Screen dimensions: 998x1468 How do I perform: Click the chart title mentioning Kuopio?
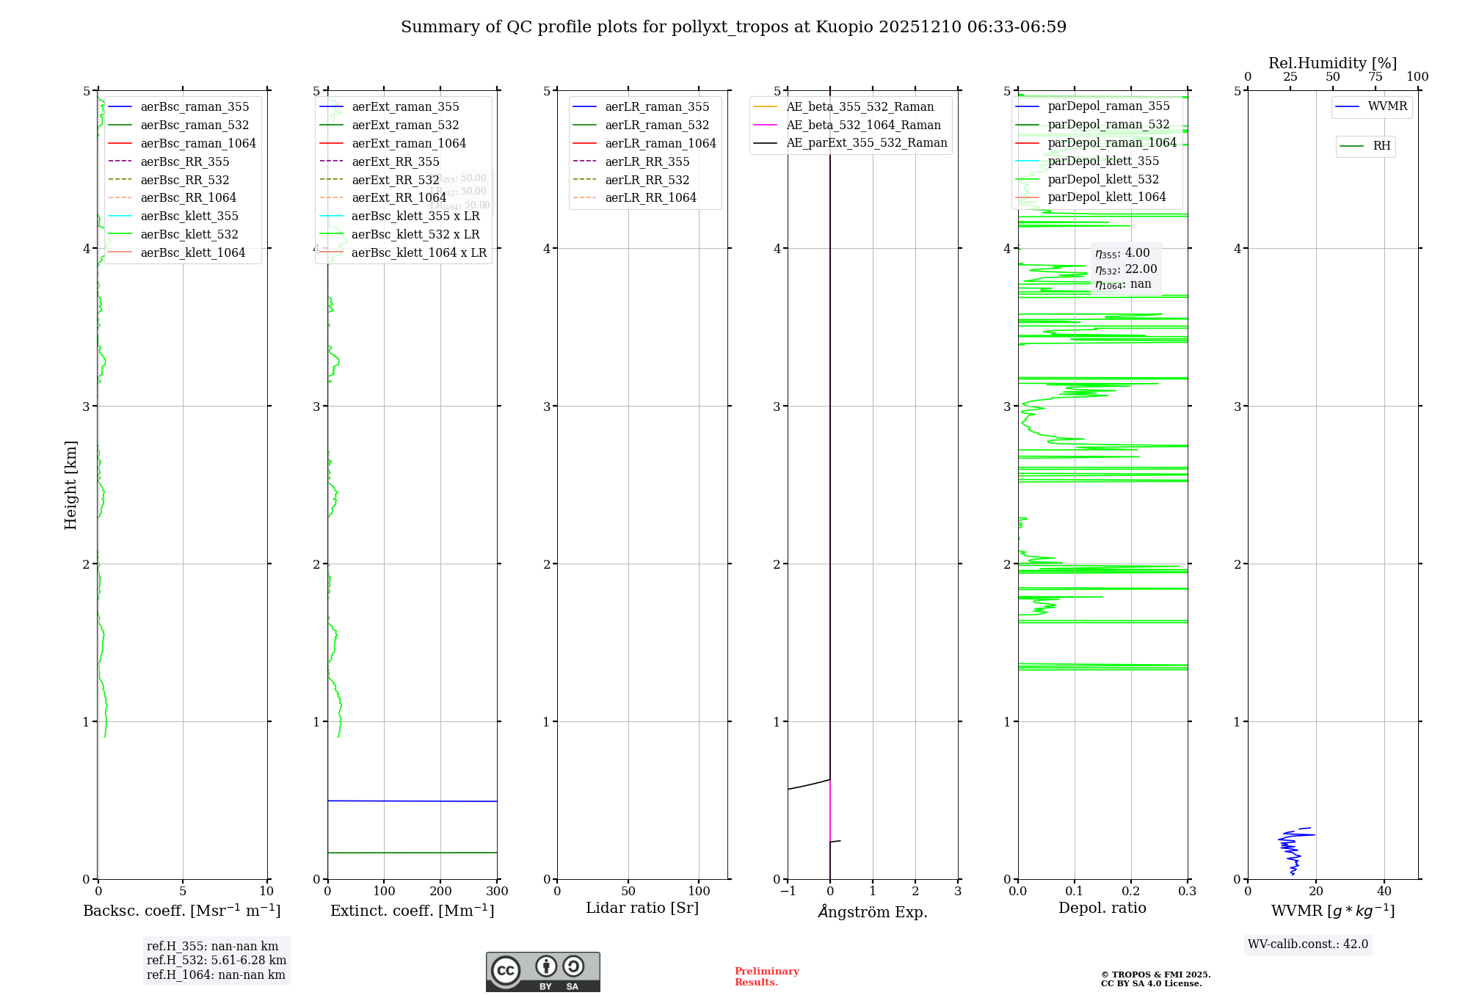coord(733,27)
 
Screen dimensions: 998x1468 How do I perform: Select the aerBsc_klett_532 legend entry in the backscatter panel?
coord(189,234)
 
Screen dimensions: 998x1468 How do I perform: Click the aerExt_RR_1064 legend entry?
coord(399,197)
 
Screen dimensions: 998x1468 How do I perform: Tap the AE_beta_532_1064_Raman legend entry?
coord(863,125)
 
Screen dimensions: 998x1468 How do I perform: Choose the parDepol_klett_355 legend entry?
coord(1103,161)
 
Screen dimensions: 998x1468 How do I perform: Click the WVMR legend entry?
coord(1387,106)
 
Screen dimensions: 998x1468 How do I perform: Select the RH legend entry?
coord(1381,146)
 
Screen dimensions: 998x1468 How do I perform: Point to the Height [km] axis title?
coord(70,484)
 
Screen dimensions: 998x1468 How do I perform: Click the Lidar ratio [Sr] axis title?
coord(642,908)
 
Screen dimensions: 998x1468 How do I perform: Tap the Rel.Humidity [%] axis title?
coord(1332,63)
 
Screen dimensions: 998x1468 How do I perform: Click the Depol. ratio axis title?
coord(1102,908)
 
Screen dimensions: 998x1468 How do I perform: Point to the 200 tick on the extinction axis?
coord(440,892)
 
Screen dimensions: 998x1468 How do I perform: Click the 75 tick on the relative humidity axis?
coord(1375,77)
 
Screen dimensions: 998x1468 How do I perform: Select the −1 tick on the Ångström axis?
coord(788,892)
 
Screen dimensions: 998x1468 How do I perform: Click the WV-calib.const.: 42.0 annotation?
coord(1307,944)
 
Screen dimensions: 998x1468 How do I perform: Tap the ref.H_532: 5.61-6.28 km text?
coord(216,961)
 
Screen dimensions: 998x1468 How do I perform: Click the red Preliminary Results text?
coord(766,976)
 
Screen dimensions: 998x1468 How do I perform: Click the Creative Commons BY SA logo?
coord(542,972)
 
